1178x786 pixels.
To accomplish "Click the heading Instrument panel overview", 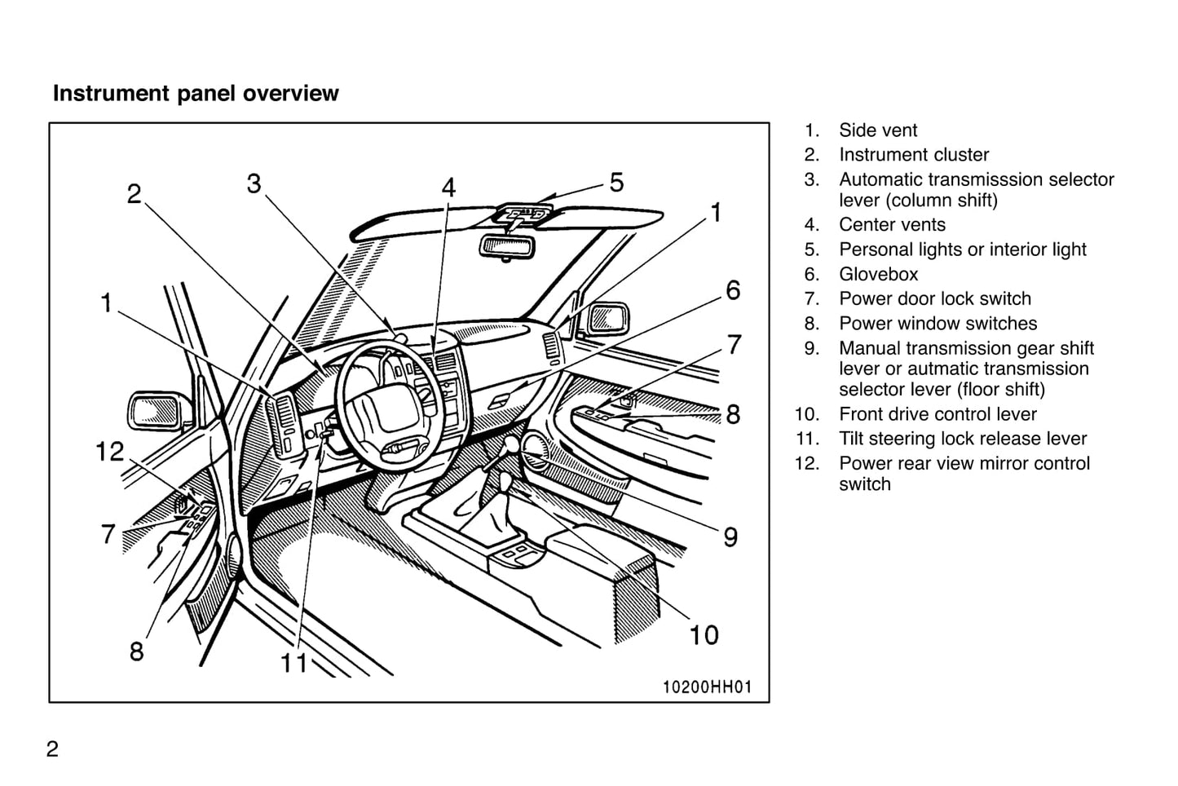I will (x=196, y=94).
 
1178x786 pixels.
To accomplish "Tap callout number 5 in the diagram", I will (x=616, y=182).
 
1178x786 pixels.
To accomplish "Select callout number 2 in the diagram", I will (x=134, y=194).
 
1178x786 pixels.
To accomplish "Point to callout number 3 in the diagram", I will (x=254, y=184).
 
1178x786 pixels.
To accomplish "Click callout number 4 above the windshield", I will (x=448, y=188).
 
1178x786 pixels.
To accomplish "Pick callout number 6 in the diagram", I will (x=733, y=290).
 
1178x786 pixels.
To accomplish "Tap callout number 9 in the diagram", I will (x=730, y=537).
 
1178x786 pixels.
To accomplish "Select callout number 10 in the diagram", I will (x=704, y=634).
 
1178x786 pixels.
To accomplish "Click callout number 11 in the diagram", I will (x=293, y=663).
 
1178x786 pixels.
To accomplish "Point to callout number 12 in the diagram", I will (x=110, y=452).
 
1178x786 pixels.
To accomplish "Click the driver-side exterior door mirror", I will (x=155, y=410).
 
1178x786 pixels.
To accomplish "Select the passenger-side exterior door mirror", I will (x=607, y=318).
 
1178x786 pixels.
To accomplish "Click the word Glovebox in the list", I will (x=878, y=275).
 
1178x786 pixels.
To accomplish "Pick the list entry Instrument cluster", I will (x=913, y=155).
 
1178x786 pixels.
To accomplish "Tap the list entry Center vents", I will (x=892, y=225).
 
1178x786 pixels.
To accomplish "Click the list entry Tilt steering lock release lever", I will (x=962, y=439).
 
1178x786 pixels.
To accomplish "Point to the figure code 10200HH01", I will (x=706, y=687).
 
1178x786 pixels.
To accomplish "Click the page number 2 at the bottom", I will (x=52, y=749).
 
